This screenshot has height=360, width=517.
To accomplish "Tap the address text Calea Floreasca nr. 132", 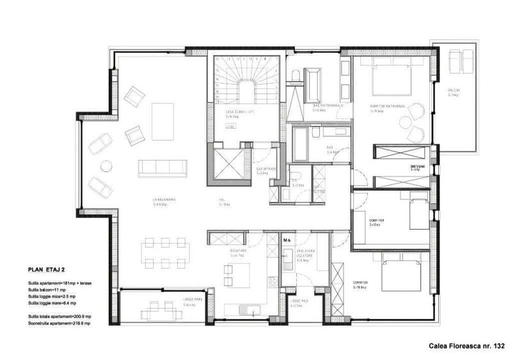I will coord(467,345).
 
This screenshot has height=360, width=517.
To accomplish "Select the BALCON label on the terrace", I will coord(453,90).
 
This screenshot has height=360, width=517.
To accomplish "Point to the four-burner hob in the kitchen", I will coord(271,281).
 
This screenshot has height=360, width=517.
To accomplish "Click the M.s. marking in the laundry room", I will coord(288,240).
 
